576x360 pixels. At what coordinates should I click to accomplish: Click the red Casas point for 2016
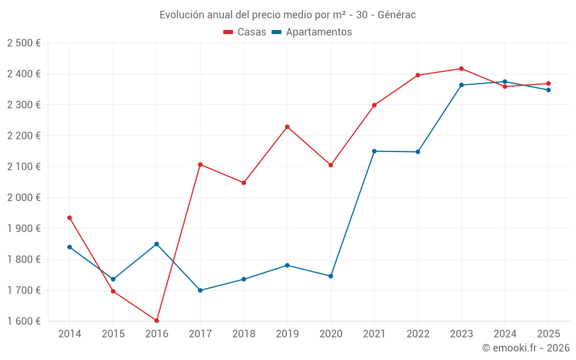157,320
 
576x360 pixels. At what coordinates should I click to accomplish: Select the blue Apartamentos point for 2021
374,151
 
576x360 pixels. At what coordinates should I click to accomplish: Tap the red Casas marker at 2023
461,69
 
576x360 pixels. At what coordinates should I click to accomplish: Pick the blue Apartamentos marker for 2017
200,290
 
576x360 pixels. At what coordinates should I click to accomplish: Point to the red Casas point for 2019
287,127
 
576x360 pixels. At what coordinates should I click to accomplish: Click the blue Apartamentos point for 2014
70,247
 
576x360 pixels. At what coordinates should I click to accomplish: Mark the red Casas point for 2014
70,218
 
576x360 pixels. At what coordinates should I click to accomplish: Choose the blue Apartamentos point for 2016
157,244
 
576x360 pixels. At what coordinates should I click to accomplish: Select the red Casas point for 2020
331,165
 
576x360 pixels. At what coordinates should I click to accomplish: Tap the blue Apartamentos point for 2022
418,152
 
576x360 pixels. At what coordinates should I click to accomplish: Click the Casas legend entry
245,32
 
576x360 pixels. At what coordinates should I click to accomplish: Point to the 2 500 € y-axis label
24,43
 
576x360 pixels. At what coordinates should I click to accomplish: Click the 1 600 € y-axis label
24,321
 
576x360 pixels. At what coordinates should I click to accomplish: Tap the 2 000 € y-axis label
24,198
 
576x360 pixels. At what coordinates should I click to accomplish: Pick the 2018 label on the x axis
244,334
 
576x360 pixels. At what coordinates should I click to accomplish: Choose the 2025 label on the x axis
548,334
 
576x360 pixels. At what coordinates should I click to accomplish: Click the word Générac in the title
397,15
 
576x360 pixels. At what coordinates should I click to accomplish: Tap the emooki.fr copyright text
526,348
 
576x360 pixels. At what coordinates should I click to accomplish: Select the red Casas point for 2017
200,165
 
